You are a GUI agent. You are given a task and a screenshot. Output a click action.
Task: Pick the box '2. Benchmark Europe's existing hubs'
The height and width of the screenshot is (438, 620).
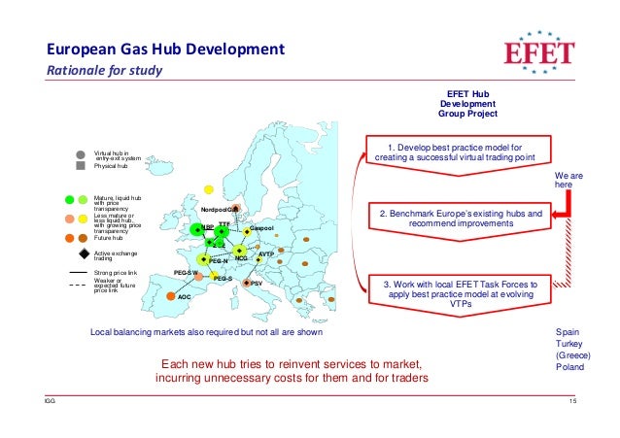click(x=461, y=217)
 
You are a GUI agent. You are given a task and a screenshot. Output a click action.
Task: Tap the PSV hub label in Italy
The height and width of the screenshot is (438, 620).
click(x=257, y=284)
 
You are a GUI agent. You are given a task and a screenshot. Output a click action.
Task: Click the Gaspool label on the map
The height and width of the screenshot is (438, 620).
click(x=262, y=227)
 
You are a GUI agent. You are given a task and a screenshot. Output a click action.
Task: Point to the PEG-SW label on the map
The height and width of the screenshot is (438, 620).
click(x=186, y=273)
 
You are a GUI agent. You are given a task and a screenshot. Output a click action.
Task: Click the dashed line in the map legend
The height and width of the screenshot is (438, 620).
click(x=82, y=285)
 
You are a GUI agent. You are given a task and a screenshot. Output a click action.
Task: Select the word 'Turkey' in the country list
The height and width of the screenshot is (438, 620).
click(x=568, y=345)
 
